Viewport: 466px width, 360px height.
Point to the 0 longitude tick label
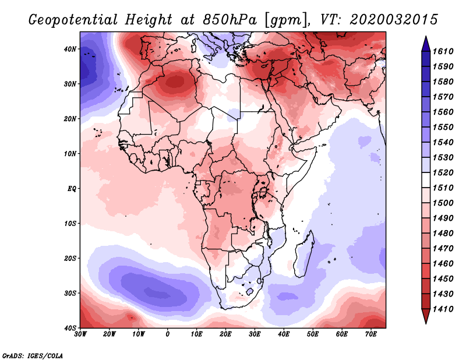(168, 335)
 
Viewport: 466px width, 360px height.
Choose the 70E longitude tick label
(371, 335)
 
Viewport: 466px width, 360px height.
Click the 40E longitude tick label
(284, 335)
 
